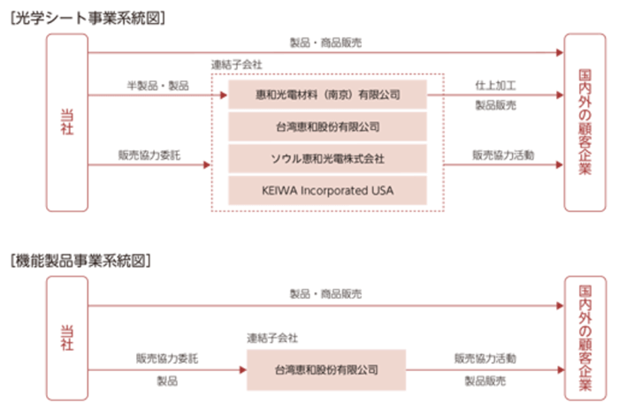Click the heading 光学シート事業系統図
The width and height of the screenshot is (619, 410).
pyautogui.click(x=85, y=16)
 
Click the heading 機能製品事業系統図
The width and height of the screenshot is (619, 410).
pyautogui.click(x=85, y=261)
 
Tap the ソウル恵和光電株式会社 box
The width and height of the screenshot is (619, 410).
pyautogui.click(x=327, y=158)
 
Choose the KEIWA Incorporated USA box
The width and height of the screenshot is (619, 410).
pyautogui.click(x=327, y=190)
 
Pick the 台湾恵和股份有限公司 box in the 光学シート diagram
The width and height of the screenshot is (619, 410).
pyautogui.click(x=327, y=126)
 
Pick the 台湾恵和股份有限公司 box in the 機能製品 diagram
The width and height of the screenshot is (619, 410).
pyautogui.click(x=327, y=369)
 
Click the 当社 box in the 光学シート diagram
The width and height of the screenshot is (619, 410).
pyautogui.click(x=66, y=122)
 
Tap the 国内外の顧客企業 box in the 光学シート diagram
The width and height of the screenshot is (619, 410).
pyautogui.click(x=585, y=122)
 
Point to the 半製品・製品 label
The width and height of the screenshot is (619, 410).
pyautogui.click(x=157, y=85)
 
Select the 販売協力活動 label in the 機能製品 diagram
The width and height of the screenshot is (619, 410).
pyautogui.click(x=485, y=359)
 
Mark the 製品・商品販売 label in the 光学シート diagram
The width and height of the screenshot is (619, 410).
pyautogui.click(x=325, y=42)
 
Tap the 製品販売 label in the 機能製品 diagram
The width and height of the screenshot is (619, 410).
pyautogui.click(x=485, y=382)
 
